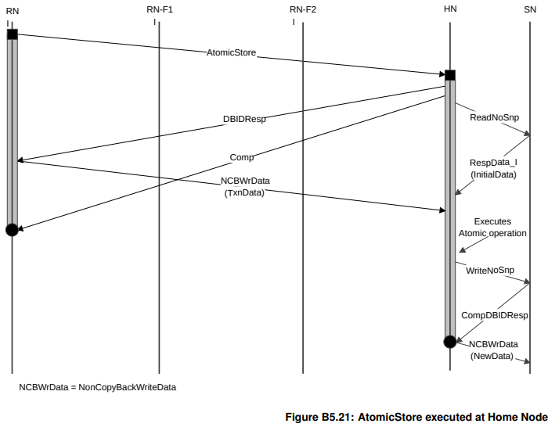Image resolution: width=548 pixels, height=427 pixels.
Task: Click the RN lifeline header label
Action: click(12, 11)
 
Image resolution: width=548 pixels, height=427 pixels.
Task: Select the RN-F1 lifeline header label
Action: click(160, 9)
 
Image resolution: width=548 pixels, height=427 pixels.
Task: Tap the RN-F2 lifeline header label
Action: click(303, 9)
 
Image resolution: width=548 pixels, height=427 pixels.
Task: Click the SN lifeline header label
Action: click(530, 9)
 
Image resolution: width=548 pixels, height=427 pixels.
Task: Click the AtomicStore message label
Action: click(231, 53)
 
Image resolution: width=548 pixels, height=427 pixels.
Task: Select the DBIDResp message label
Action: click(244, 120)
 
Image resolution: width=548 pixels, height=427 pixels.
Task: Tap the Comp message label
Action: click(242, 157)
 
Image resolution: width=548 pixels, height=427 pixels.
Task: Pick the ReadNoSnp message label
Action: click(494, 117)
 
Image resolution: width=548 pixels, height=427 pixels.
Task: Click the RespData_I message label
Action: click(493, 163)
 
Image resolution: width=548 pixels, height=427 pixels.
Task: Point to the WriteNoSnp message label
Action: click(490, 270)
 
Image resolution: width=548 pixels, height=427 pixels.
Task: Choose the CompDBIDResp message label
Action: click(494, 315)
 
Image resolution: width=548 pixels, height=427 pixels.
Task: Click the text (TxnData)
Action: click(244, 192)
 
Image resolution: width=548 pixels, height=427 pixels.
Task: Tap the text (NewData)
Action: click(492, 356)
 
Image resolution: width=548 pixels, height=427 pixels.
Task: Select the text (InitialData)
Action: click(494, 174)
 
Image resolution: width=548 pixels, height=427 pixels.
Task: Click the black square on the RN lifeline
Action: click(12, 34)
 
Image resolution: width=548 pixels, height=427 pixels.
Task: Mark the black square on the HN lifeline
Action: click(449, 75)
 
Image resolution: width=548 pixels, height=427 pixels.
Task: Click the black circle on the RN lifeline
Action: click(12, 229)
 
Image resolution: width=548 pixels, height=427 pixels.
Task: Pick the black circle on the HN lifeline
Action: click(449, 342)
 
